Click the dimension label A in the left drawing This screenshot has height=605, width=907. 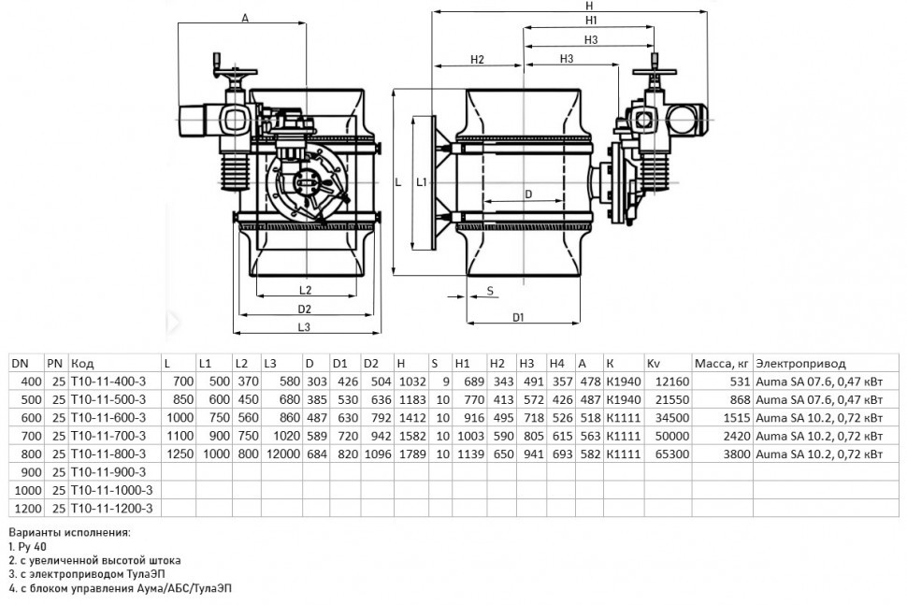pos(245,18)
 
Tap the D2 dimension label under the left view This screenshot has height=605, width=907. pos(304,309)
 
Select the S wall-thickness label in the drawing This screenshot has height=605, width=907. pos(490,291)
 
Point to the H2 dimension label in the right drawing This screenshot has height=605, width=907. pos(477,59)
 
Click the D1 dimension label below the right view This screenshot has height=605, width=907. pos(518,318)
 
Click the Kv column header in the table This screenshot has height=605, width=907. pos(653,363)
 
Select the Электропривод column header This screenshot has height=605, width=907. pos(800,364)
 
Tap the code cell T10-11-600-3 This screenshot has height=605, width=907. pos(108,418)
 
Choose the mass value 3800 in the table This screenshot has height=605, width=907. pos(737,454)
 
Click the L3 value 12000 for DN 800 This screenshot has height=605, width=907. pos(283,454)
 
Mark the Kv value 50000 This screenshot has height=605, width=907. pos(672,436)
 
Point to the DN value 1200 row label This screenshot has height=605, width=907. pos(28,509)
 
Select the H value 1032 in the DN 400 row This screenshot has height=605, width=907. pos(411,382)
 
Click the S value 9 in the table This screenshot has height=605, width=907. pos(445,382)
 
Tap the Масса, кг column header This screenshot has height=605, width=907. pos(721,364)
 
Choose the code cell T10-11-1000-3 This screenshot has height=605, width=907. pos(111,491)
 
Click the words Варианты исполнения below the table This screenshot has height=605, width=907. pos(70,533)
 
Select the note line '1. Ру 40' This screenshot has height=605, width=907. pos(28,547)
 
